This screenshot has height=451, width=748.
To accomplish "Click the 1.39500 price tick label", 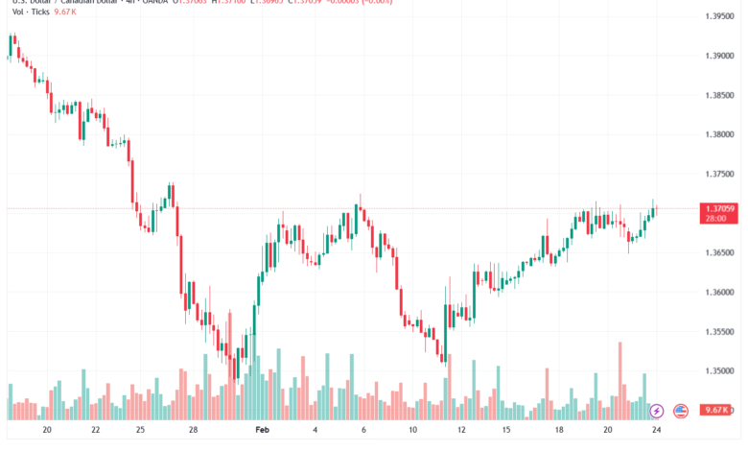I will (718, 17).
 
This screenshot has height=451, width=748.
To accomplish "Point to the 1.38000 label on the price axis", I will (718, 135).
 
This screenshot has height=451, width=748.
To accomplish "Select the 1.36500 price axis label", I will (718, 253).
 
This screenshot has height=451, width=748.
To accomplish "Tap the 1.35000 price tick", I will (718, 371).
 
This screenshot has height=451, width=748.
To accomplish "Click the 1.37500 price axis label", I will (718, 175).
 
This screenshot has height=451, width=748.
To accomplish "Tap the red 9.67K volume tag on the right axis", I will (717, 410).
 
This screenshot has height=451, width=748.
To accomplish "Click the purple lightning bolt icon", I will (656, 412).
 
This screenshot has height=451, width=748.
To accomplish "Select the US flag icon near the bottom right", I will (681, 412).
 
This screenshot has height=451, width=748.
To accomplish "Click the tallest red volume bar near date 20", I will (620, 380).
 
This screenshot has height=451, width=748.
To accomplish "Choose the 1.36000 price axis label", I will (718, 293).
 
